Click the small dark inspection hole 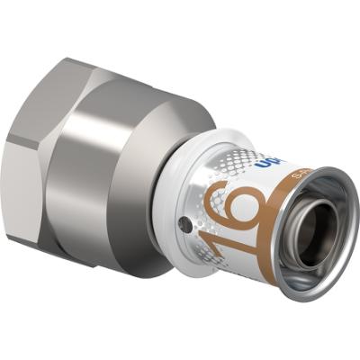(185, 218)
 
